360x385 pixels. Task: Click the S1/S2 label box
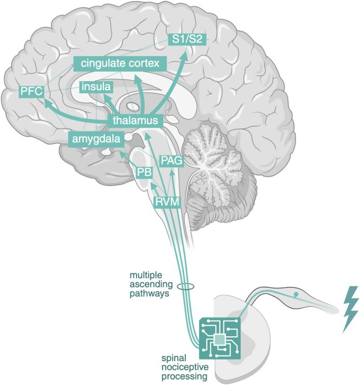185,39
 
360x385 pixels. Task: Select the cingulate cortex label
121,64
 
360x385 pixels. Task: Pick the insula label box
96,87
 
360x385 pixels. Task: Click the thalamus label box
136,120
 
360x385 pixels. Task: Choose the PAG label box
171,160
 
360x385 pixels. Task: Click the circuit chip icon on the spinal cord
220,338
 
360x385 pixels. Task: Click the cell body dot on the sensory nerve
295,295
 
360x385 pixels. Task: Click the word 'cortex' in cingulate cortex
144,64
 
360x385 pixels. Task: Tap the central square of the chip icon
220,339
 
